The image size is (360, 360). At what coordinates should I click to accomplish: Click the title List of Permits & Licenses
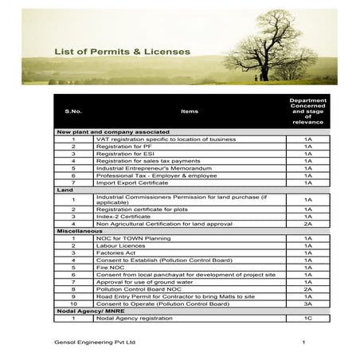click(122, 52)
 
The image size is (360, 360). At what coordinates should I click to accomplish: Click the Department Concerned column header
click(307, 112)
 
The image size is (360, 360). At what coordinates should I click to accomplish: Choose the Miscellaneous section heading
click(76, 230)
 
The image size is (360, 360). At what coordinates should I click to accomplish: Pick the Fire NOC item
click(109, 267)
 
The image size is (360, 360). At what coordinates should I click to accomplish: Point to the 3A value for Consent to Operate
click(307, 303)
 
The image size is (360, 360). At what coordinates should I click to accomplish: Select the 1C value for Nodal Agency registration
click(307, 318)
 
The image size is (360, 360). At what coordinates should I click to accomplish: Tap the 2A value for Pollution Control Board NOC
click(307, 288)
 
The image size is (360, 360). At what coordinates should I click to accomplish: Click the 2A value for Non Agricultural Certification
click(307, 223)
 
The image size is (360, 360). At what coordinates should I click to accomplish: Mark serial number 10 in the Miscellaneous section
click(72, 303)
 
